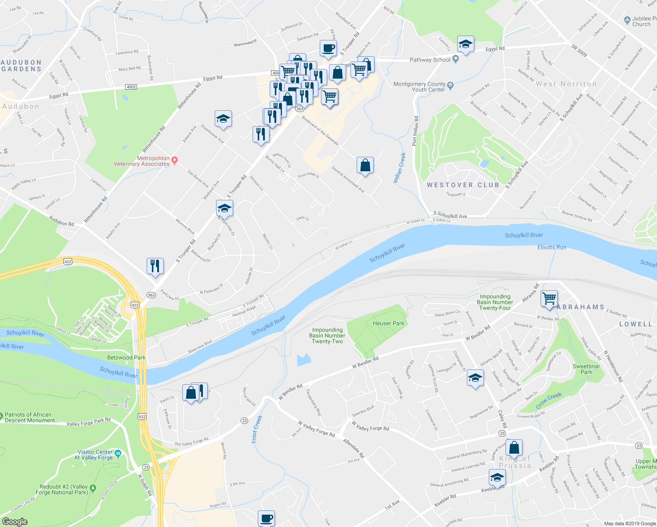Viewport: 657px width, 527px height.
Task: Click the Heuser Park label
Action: (x=388, y=323)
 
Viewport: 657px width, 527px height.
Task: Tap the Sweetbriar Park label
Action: (x=586, y=369)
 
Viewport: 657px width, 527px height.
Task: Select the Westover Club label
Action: (x=463, y=185)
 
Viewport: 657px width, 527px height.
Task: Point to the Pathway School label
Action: (x=430, y=60)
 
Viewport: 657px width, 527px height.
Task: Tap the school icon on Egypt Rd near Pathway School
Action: (x=466, y=44)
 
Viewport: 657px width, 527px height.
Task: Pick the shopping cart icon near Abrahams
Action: (x=549, y=299)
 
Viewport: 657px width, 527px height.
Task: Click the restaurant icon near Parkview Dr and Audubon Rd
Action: (x=155, y=266)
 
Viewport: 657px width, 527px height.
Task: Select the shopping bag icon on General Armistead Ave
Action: (x=365, y=166)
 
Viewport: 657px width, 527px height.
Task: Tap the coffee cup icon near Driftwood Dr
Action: (x=328, y=48)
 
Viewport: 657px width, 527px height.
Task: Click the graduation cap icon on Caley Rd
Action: (x=475, y=378)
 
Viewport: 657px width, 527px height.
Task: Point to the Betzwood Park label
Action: (x=126, y=357)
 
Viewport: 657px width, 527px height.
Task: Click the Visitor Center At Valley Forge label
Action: (x=95, y=455)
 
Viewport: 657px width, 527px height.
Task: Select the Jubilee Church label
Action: (x=641, y=22)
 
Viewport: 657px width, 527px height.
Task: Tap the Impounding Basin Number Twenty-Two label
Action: (x=327, y=336)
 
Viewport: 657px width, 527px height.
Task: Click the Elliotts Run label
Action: (x=552, y=247)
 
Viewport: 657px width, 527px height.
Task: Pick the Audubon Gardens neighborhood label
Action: (x=21, y=66)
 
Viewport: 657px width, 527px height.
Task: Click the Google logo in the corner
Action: (x=14, y=521)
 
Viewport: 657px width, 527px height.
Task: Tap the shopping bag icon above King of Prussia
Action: (x=514, y=448)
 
